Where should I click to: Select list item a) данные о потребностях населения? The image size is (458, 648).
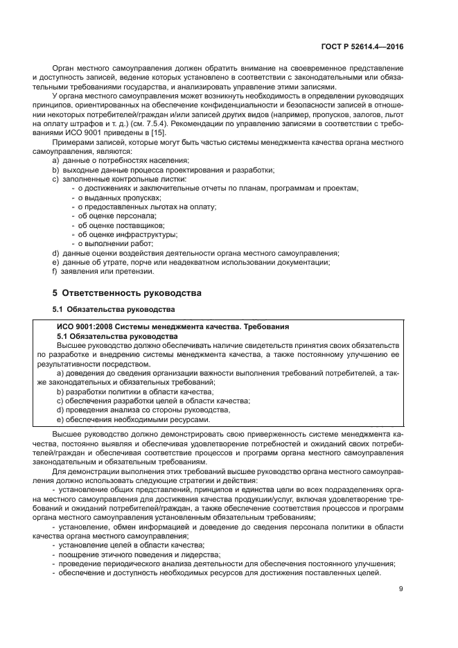point(110,161)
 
